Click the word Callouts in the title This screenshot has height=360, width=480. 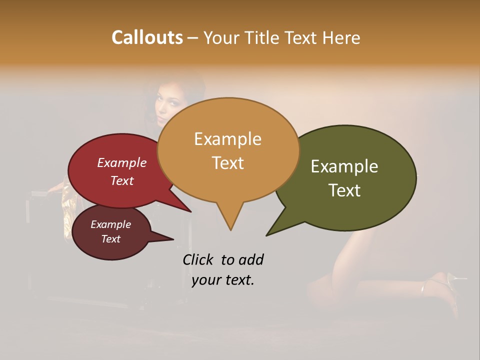tap(147, 37)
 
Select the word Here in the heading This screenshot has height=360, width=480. tap(341, 37)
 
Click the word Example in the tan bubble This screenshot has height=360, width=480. tap(227, 139)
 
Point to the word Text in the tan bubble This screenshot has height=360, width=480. tap(227, 163)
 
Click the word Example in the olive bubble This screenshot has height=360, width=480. tap(344, 166)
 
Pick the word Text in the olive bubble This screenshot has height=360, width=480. tap(344, 190)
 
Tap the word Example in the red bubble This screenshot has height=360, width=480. tap(122, 162)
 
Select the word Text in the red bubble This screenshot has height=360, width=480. tap(122, 180)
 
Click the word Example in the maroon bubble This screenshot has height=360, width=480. tap(110, 224)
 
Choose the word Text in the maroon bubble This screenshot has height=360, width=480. tap(110, 239)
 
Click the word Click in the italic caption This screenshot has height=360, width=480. tap(199, 259)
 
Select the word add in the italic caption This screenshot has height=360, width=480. tap(250, 259)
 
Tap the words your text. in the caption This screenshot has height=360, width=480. tap(223, 280)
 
